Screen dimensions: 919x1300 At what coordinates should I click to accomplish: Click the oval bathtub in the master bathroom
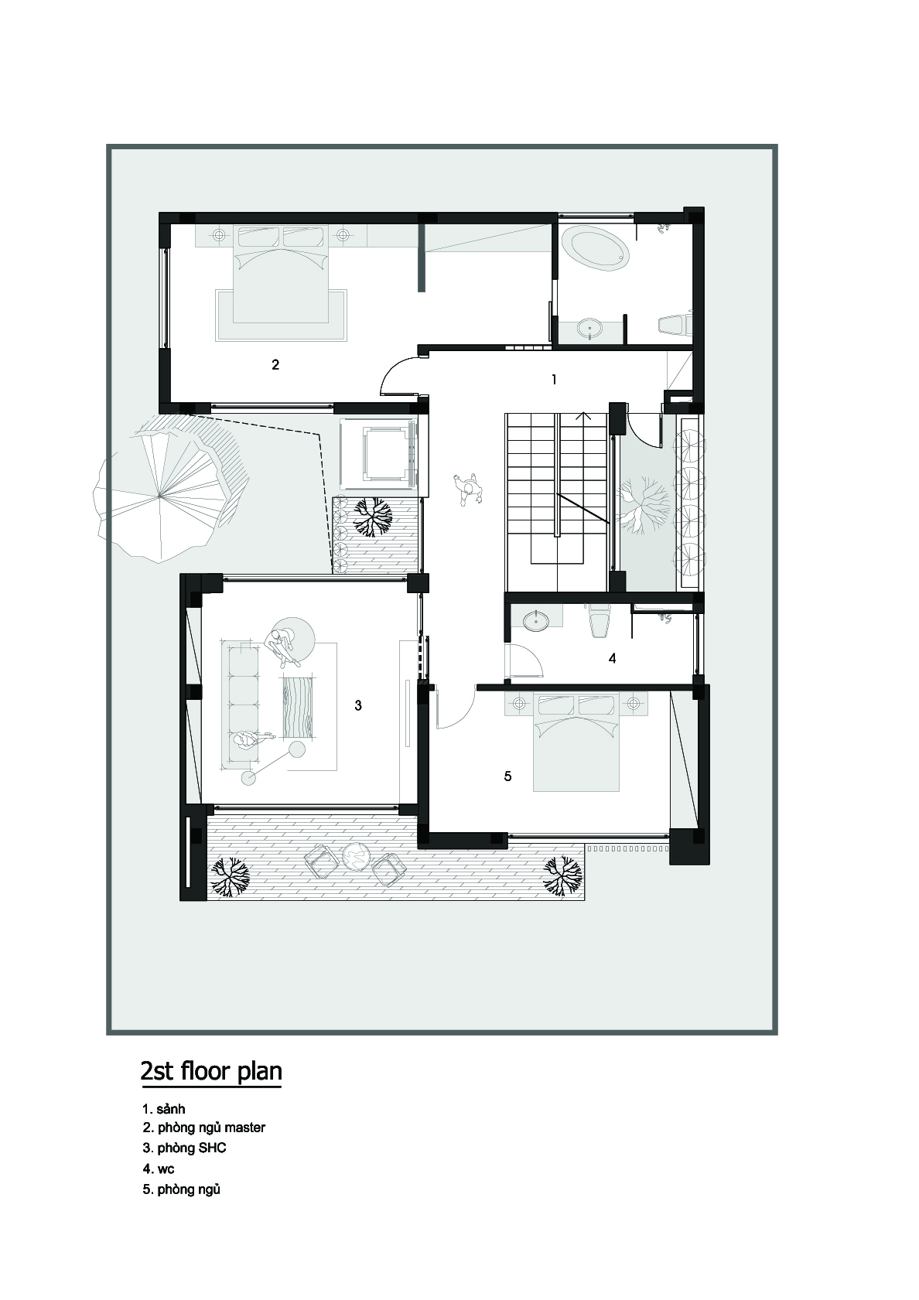(596, 249)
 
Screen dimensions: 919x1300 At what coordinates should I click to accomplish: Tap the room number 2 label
(275, 364)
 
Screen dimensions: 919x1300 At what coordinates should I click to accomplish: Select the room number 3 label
(358, 705)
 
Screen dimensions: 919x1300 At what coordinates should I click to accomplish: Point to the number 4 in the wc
(612, 658)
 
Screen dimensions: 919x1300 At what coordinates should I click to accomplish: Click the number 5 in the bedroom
(507, 776)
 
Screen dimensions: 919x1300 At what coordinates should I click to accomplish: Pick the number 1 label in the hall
(554, 380)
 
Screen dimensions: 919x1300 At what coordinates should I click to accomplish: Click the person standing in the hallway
(469, 490)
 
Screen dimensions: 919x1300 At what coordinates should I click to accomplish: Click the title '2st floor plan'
(211, 1071)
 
